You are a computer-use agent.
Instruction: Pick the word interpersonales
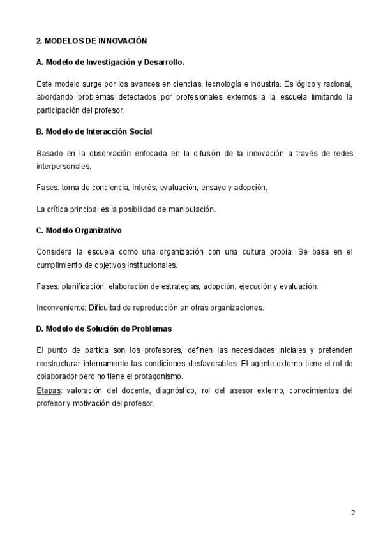[63, 165]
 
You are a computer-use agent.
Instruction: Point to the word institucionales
[147, 265]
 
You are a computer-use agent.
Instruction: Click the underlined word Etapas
[48, 390]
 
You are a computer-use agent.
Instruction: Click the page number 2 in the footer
[352, 513]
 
